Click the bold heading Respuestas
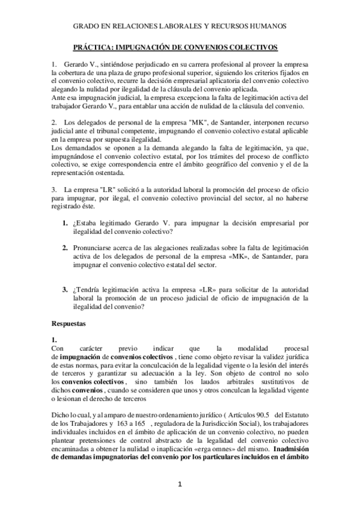[69, 324]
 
